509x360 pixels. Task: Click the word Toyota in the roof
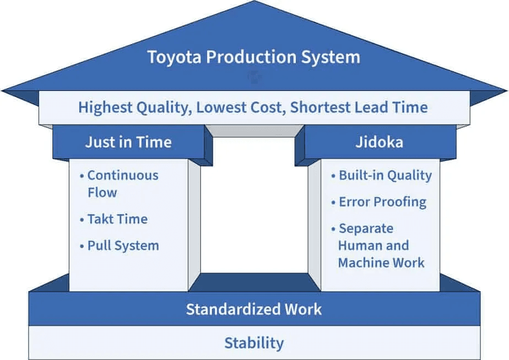[x=172, y=57]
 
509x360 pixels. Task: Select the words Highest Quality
[x=134, y=107]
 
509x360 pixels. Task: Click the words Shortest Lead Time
[x=359, y=107]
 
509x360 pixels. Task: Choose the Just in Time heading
[x=128, y=142]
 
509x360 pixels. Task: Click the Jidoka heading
[x=379, y=142]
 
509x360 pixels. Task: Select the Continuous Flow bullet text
[x=122, y=184]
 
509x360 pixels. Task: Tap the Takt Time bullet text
[x=117, y=219]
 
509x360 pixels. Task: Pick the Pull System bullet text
[x=123, y=245]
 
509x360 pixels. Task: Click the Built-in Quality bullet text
[x=385, y=175]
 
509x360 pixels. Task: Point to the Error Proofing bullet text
[x=382, y=202]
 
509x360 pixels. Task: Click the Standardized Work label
[x=253, y=309]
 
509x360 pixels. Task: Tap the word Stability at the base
[x=253, y=343]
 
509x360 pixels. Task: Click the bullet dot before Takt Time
[x=82, y=219]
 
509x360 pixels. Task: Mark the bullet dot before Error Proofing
[x=333, y=202]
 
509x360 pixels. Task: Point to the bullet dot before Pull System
[x=82, y=246]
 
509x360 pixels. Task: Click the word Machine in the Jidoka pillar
[x=361, y=262]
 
